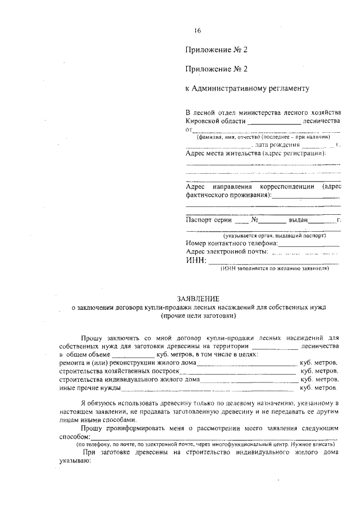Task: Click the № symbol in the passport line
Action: pyautogui.click(x=254, y=220)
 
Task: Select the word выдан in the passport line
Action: pyautogui.click(x=298, y=220)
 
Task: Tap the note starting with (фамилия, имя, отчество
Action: pyautogui.click(x=262, y=137)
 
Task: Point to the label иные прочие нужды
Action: pyautogui.click(x=89, y=388)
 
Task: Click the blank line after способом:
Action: pyautogui.click(x=214, y=437)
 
